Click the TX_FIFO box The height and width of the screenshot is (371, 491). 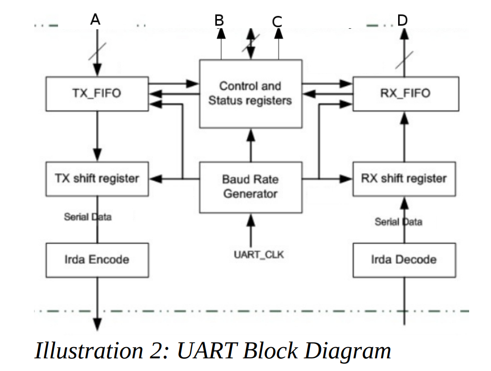point(97,93)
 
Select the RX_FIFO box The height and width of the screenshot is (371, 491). point(405,93)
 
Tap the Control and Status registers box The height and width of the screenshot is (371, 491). point(250,93)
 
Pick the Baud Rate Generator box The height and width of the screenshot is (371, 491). point(250,187)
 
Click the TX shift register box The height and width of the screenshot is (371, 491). point(97,179)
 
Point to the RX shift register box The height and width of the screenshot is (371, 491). point(404,179)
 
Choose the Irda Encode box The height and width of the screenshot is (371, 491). point(97,260)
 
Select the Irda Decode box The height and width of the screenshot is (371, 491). point(404,260)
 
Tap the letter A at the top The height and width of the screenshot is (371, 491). point(95,19)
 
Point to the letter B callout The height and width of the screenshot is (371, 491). point(219,20)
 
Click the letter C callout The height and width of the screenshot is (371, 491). point(277,21)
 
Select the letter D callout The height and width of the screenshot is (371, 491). point(403,20)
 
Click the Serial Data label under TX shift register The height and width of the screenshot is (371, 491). point(88,217)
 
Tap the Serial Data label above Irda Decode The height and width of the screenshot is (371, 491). point(398,222)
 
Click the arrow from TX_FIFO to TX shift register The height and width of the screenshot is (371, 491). point(97,136)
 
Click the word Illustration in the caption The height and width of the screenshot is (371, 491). point(77,351)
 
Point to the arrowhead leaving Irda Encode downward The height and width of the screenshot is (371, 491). point(97,323)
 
